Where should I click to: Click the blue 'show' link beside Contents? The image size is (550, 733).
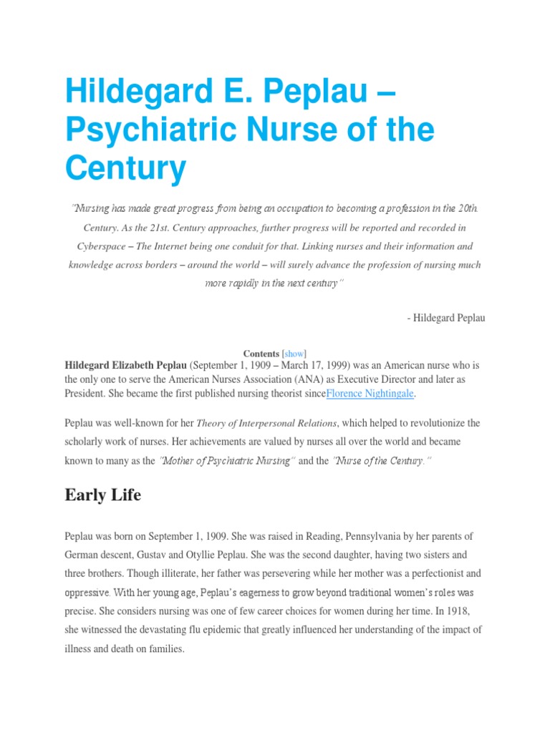(294, 354)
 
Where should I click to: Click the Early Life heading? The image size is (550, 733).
(102, 495)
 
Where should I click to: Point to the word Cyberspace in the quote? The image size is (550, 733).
(107, 246)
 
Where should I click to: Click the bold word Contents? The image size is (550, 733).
(261, 354)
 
